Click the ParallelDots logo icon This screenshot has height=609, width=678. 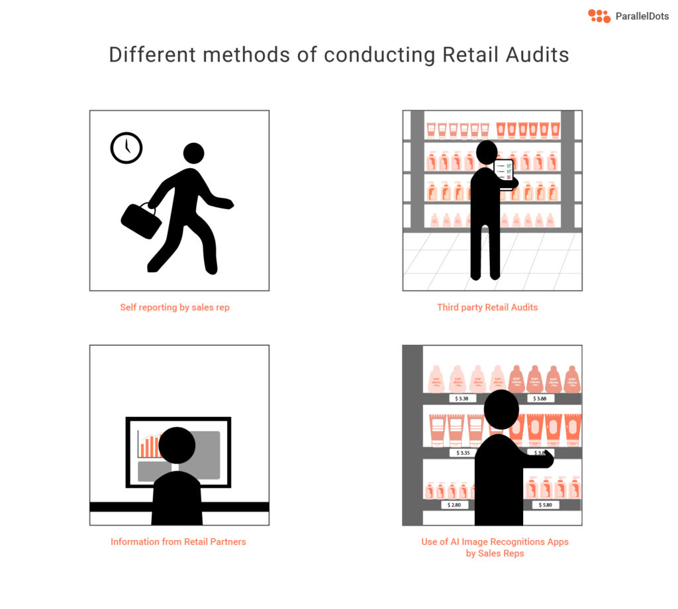tap(599, 16)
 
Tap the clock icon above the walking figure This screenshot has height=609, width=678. tap(126, 148)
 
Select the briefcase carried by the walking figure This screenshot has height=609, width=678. tap(141, 220)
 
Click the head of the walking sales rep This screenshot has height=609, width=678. tap(193, 154)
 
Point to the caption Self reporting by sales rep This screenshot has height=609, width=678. tap(175, 307)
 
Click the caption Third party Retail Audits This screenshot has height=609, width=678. tap(487, 307)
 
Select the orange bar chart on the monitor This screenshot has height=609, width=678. tap(149, 446)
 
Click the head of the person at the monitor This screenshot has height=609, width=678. tap(177, 445)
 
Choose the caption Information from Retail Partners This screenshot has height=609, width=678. tap(178, 541)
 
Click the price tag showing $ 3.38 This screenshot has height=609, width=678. tap(462, 398)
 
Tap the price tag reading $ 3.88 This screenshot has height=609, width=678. tap(541, 398)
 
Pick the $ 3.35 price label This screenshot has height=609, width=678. tap(463, 453)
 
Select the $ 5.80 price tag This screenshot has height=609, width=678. tap(545, 504)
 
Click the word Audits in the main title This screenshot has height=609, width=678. tap(536, 54)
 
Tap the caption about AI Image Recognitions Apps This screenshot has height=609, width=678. tap(495, 547)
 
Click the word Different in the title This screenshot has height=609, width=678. tap(152, 54)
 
